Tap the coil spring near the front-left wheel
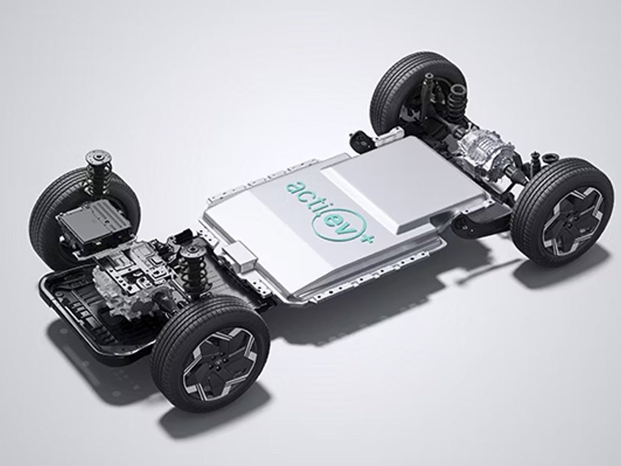[192, 269]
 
